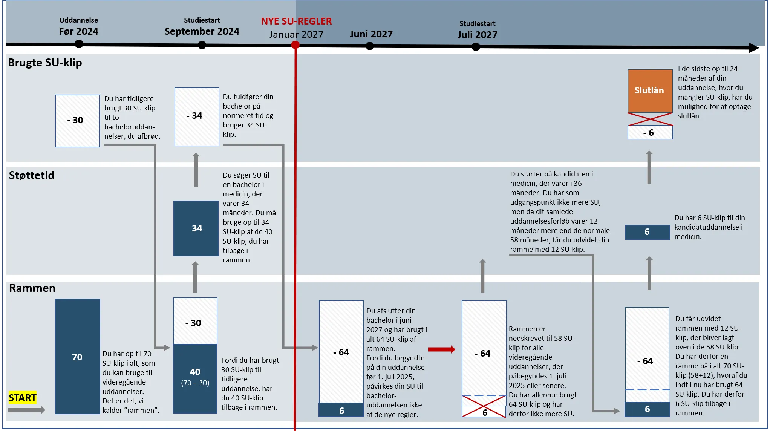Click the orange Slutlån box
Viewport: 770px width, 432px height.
click(x=650, y=90)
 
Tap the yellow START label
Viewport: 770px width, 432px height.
click(x=23, y=398)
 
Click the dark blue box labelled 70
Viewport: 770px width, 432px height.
click(x=77, y=357)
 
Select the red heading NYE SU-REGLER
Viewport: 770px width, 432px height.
click(x=296, y=21)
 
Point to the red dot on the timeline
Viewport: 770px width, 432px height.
click(x=295, y=45)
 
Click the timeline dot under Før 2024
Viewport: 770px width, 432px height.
click(x=79, y=44)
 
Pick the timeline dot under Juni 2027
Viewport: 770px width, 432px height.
click(x=370, y=46)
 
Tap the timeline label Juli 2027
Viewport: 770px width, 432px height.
click(x=477, y=35)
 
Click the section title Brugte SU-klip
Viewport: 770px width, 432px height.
click(x=45, y=63)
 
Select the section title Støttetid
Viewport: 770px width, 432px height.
click(x=32, y=175)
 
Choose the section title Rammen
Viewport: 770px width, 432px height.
click(x=32, y=288)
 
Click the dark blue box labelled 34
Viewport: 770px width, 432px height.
click(x=196, y=228)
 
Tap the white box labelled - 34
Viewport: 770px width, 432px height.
click(x=196, y=116)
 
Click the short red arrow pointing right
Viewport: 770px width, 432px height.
click(x=441, y=349)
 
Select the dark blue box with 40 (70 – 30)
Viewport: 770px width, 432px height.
click(x=195, y=378)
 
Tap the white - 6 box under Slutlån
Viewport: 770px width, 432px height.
click(x=650, y=133)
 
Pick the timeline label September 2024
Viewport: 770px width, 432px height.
click(x=202, y=31)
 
